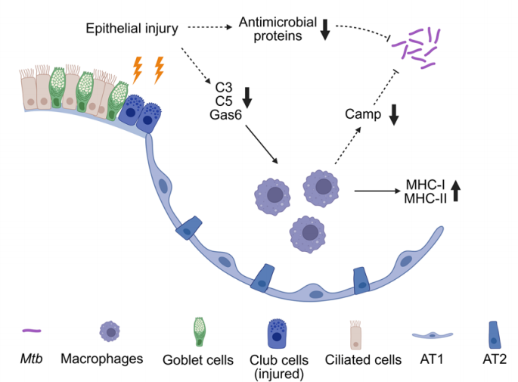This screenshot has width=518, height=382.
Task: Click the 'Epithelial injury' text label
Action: click(x=132, y=30)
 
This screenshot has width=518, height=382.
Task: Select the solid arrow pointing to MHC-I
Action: click(x=377, y=191)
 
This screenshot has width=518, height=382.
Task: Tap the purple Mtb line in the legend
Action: click(x=31, y=330)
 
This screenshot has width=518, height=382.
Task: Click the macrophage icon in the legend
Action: click(x=111, y=331)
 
